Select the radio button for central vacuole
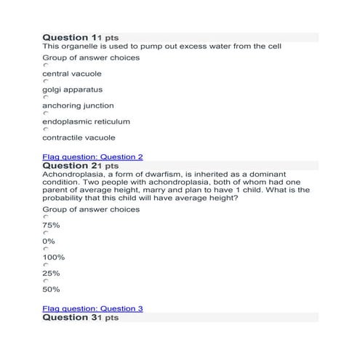[45, 65]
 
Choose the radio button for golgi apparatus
[45, 81]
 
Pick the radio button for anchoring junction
[45, 97]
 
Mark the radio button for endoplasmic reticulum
[45, 113]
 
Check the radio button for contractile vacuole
[45, 129]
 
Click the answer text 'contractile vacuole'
[79, 137]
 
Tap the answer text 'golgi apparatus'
[73, 89]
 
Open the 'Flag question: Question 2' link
[92, 156]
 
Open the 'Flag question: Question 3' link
[92, 308]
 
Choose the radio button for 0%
[45, 233]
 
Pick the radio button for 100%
[45, 249]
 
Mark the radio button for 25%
[45, 265]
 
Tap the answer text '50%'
[51, 289]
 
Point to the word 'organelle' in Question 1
[82, 47]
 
